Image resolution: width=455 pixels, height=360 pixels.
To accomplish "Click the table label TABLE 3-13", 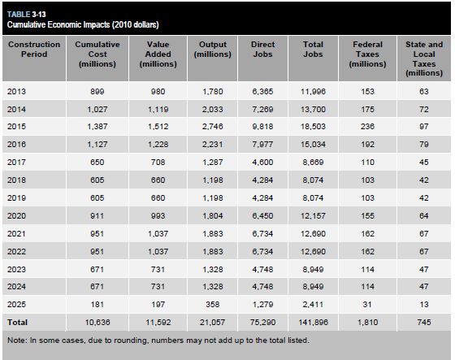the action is click(26, 15).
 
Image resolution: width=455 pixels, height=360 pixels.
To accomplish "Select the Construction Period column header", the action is click(34, 50).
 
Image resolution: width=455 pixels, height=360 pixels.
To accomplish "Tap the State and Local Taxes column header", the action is click(424, 59).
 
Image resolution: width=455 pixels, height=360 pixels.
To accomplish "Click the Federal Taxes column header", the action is click(367, 54).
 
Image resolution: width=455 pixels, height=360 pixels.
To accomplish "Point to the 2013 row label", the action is click(16, 92).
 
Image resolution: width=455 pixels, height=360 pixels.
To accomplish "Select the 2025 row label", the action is click(16, 304).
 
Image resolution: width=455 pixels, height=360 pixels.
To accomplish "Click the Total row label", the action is click(17, 323).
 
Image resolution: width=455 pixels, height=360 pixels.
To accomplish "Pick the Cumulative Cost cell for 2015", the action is click(97, 127).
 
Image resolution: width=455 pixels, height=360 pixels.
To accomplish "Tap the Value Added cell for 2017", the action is click(158, 162).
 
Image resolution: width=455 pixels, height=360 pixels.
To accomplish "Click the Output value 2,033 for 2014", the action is click(212, 110).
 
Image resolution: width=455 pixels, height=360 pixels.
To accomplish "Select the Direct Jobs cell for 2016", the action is click(262, 145).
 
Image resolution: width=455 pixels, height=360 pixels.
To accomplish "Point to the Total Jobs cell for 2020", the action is click(313, 215).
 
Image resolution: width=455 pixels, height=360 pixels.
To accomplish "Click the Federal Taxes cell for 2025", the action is click(367, 304).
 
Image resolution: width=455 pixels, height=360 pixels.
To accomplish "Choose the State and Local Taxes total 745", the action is click(424, 323).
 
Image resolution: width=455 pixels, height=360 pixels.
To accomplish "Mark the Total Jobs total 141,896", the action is click(313, 323).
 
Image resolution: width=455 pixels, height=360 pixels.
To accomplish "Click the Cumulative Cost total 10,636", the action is click(97, 323).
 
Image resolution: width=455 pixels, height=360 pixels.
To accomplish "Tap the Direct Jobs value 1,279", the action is click(262, 304).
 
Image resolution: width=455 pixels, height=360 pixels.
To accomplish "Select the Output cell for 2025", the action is click(212, 304).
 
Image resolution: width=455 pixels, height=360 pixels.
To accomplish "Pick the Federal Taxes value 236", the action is click(367, 127).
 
